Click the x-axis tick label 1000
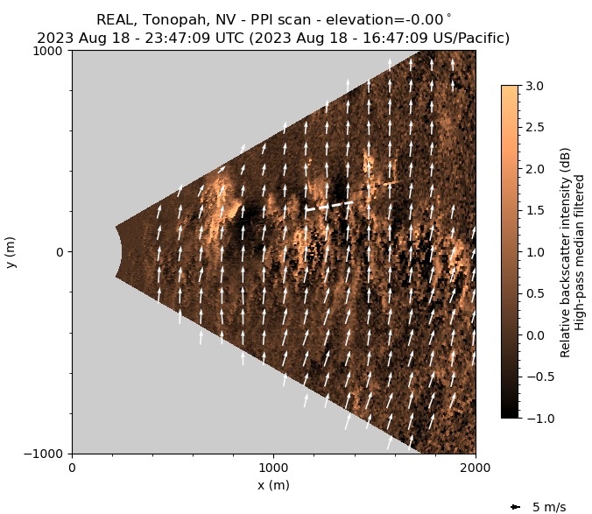point(273,468)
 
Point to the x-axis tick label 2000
point(475,468)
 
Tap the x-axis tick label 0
point(72,468)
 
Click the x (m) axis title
point(273,485)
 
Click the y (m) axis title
point(11,252)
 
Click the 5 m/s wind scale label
point(549,507)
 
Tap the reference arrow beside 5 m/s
point(515,507)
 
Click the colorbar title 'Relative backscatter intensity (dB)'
point(566,252)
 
